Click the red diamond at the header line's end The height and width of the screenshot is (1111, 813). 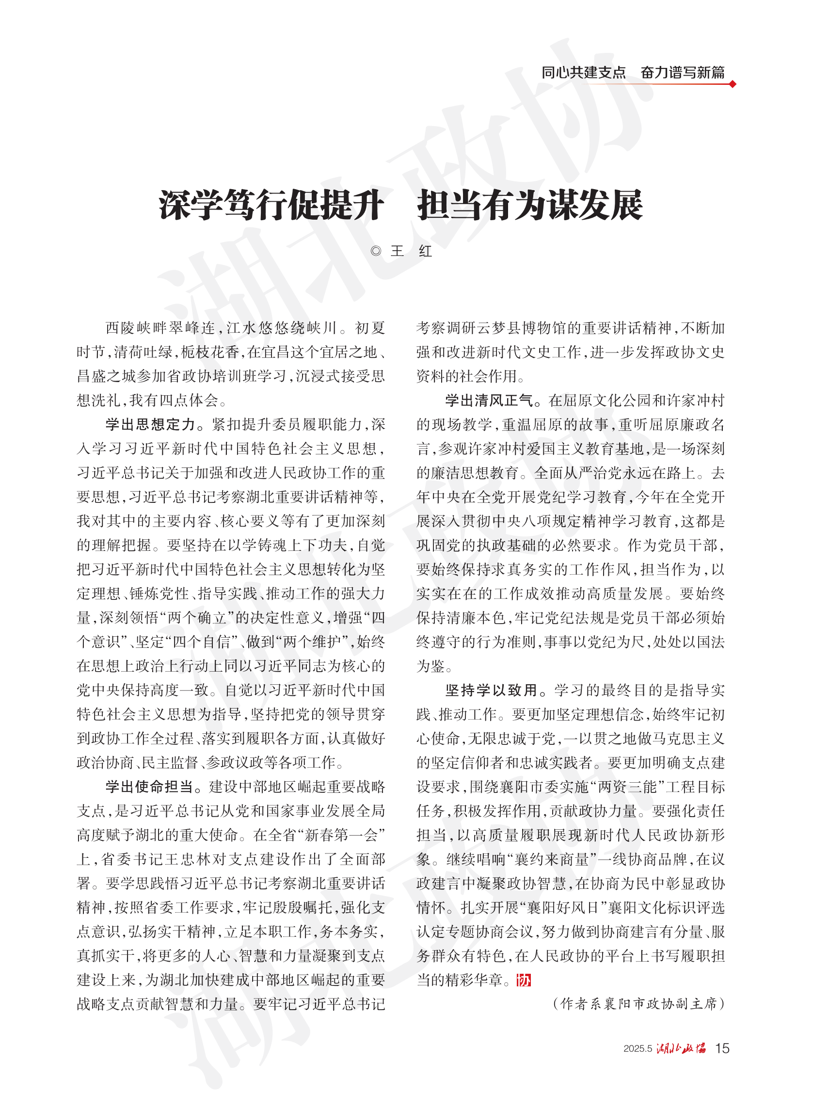[733, 84]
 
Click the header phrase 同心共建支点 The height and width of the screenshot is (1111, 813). [583, 72]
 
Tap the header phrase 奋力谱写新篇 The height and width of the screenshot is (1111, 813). [683, 72]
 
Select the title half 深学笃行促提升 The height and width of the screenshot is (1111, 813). [271, 205]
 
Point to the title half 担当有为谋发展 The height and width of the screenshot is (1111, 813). [530, 205]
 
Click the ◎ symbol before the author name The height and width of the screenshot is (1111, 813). [376, 251]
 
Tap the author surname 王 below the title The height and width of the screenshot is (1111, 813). [397, 251]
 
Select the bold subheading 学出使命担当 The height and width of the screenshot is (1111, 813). [150, 787]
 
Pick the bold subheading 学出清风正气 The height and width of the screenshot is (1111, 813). [490, 400]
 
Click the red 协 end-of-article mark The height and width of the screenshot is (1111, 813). [524, 980]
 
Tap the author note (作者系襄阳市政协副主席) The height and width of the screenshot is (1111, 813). [639, 1004]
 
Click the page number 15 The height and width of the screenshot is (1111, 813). [722, 1048]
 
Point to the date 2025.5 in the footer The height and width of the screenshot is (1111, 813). [638, 1048]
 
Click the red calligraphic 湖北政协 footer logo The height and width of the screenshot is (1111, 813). [681, 1048]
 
